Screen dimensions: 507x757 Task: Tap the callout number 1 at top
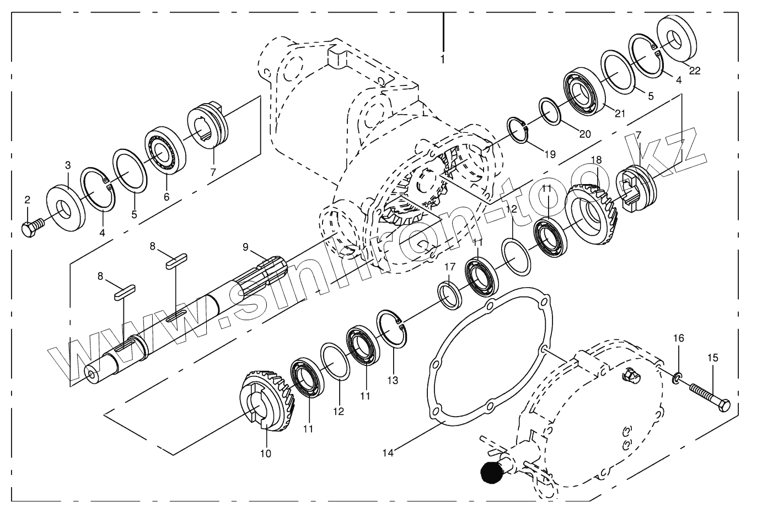click(x=442, y=58)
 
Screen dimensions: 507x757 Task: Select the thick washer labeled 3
click(x=66, y=210)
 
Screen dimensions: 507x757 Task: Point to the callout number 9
click(x=246, y=247)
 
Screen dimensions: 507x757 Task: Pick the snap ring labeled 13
click(x=392, y=330)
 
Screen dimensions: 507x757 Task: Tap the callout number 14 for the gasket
click(x=388, y=452)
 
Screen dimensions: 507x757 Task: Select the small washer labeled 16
click(x=677, y=379)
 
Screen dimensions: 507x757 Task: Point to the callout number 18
click(x=595, y=159)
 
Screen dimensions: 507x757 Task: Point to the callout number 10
click(x=266, y=454)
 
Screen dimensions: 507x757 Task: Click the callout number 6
click(x=167, y=196)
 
